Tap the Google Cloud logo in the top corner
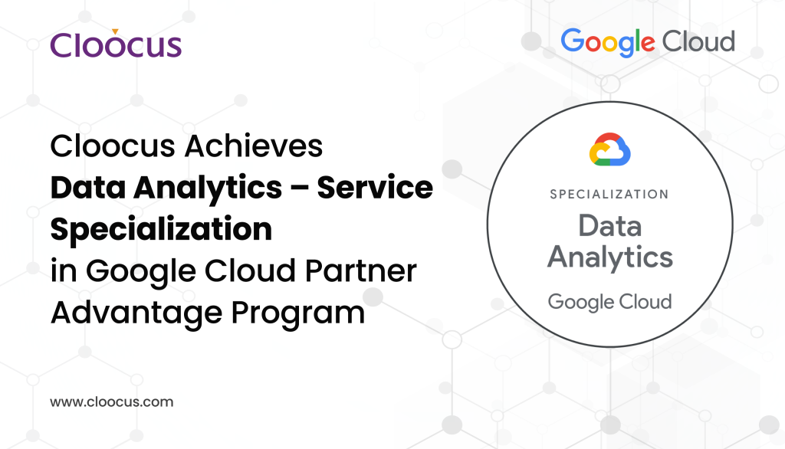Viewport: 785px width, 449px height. coord(648,42)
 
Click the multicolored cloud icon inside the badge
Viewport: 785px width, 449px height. coord(609,149)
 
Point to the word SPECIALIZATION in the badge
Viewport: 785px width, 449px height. coord(609,194)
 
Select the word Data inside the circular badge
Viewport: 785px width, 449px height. coord(609,225)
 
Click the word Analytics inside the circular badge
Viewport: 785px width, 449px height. coord(610,257)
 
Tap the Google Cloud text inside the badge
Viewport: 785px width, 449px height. coord(609,301)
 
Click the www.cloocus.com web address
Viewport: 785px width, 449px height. coord(112,401)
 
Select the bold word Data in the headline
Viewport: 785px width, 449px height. coord(85,188)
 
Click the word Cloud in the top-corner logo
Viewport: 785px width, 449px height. coord(698,41)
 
